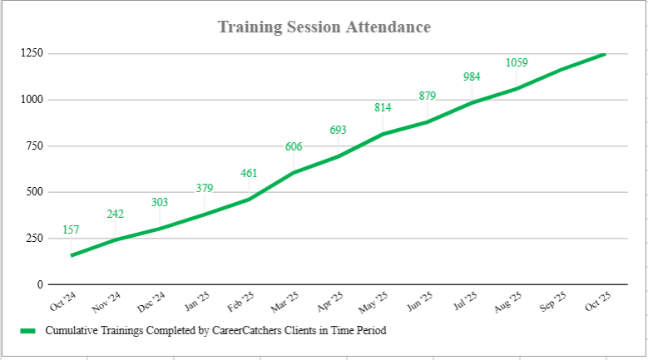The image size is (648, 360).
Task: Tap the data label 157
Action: pyautogui.click(x=71, y=229)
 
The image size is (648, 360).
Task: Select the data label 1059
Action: pyautogui.click(x=517, y=62)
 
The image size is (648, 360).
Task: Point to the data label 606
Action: pyautogui.click(x=294, y=147)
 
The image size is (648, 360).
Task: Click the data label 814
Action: pyautogui.click(x=383, y=107)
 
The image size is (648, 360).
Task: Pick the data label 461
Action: pyautogui.click(x=249, y=174)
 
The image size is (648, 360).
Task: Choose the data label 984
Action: pyautogui.click(x=472, y=77)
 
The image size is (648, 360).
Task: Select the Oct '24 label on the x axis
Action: pyautogui.click(x=64, y=301)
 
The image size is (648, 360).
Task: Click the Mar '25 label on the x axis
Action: pyautogui.click(x=286, y=301)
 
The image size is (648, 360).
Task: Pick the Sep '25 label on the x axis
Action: pyautogui.click(x=554, y=301)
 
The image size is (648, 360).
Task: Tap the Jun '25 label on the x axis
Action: pyautogui.click(x=420, y=301)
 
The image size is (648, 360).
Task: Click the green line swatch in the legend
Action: pyautogui.click(x=28, y=330)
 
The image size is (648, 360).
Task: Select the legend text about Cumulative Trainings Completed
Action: pyautogui.click(x=215, y=330)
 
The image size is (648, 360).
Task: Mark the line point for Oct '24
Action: pyautogui.click(x=72, y=255)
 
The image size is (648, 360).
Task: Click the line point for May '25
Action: pyautogui.click(x=383, y=134)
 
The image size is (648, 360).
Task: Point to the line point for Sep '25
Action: pyautogui.click(x=561, y=69)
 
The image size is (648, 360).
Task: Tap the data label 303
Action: pyautogui.click(x=160, y=203)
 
